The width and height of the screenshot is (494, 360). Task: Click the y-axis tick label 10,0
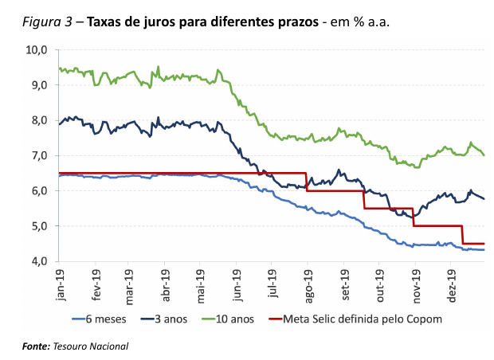point(37,49)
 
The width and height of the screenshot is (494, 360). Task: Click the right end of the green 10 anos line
point(484,155)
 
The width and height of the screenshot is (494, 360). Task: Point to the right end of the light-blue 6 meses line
point(484,250)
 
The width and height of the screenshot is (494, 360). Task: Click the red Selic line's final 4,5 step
point(474,244)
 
